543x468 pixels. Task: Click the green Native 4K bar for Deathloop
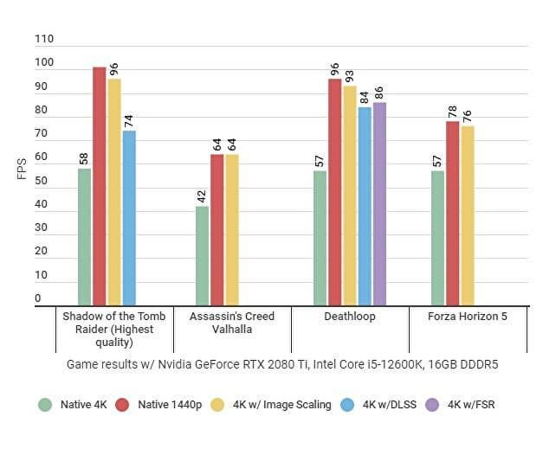point(320,237)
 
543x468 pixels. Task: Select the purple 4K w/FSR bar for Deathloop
point(379,203)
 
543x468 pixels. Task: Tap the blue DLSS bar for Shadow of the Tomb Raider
point(129,217)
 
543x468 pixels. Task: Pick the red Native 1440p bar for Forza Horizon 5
point(453,212)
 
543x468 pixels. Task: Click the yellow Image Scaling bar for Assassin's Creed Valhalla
point(232,228)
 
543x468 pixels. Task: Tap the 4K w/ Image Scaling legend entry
point(278,404)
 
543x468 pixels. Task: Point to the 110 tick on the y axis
point(44,39)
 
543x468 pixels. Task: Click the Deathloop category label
point(350,317)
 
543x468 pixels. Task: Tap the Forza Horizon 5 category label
point(468,317)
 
